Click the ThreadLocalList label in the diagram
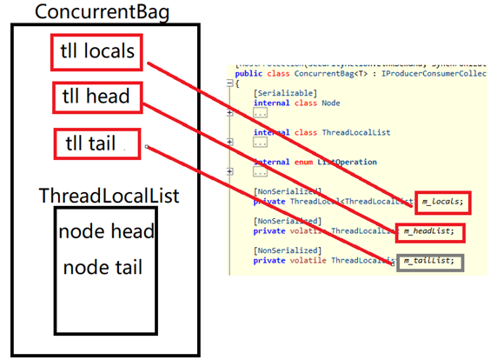(109, 195)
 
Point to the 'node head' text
(106, 232)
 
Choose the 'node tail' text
(103, 267)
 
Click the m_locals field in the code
(443, 202)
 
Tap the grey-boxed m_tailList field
(430, 262)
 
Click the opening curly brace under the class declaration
(238, 83)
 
